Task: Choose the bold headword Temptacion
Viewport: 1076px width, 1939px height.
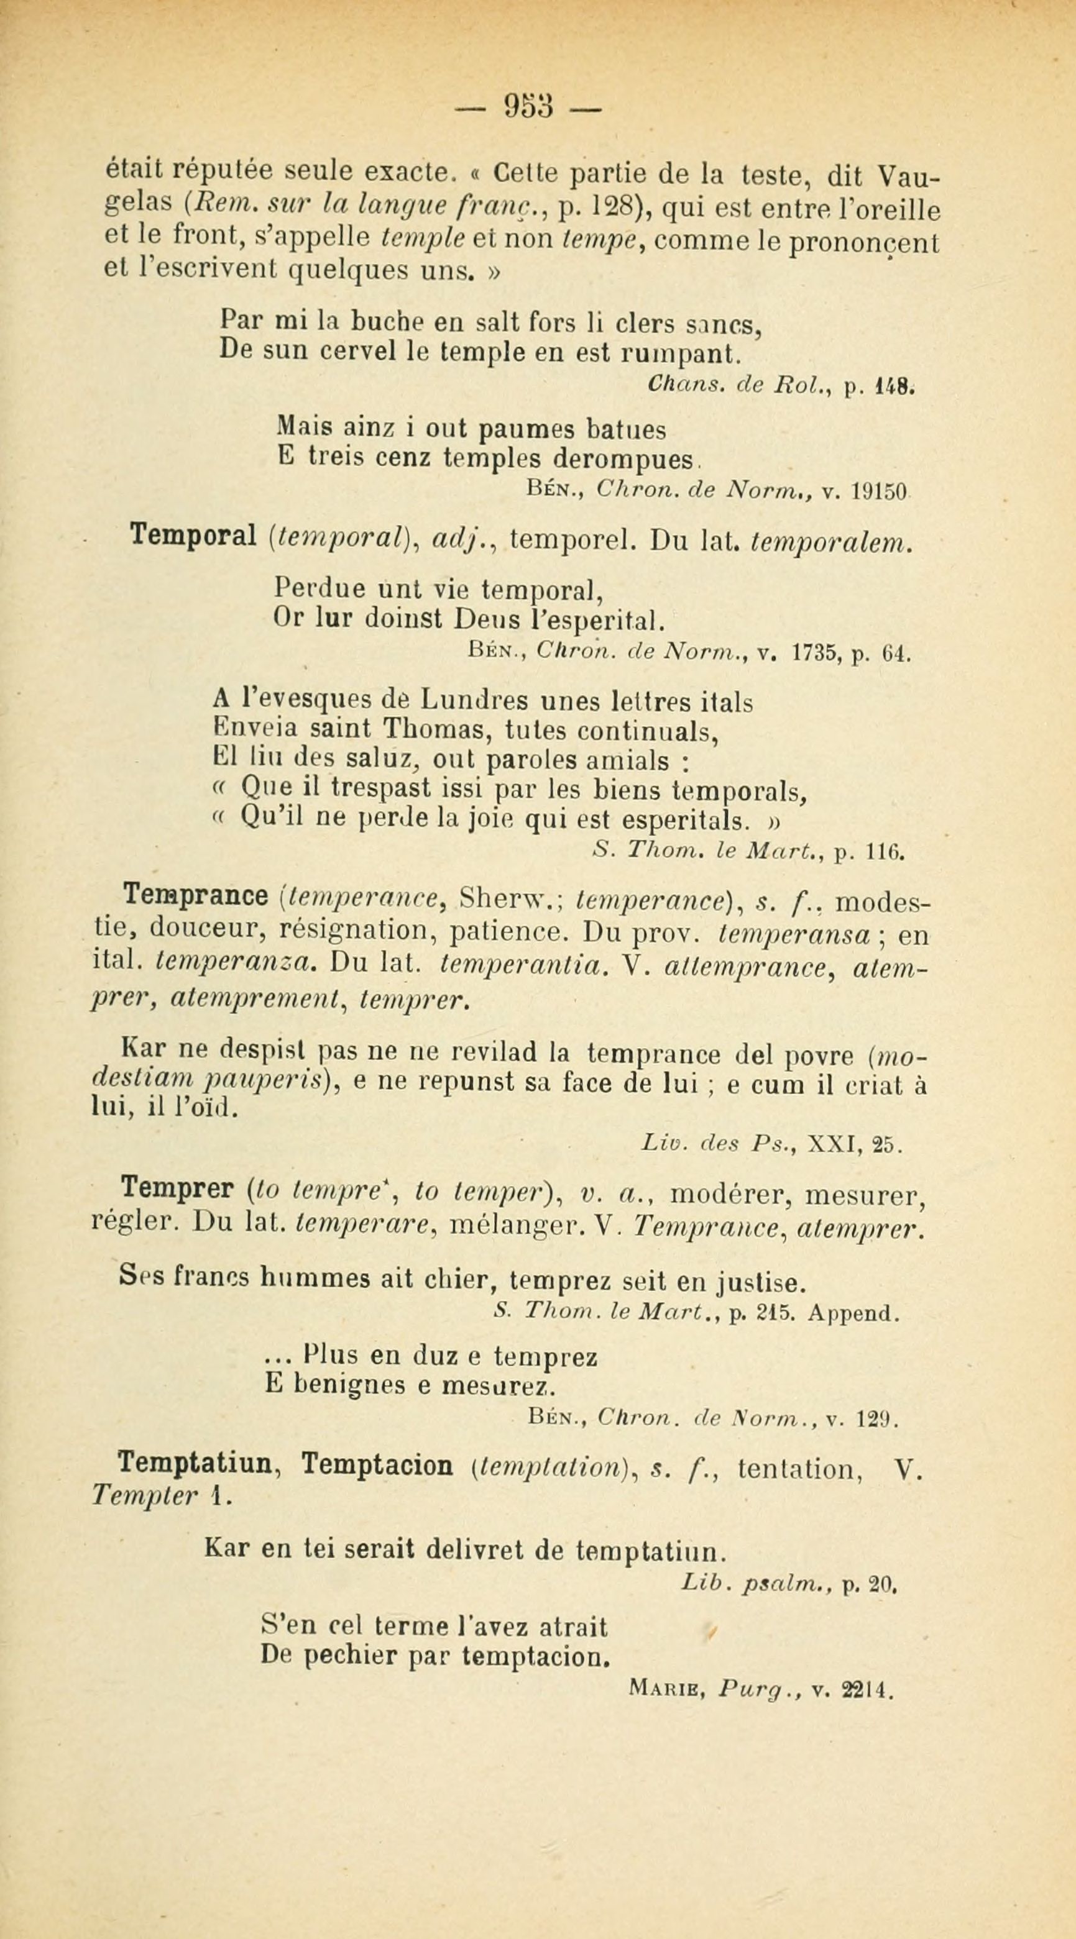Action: (377, 1465)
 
